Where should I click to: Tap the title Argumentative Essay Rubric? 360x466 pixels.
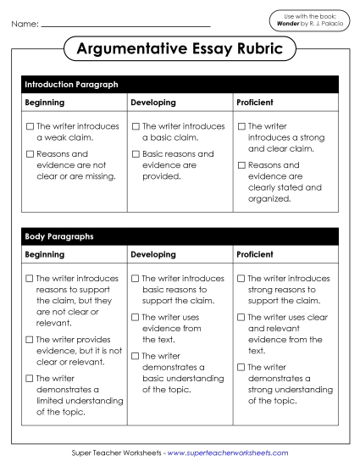[x=180, y=50]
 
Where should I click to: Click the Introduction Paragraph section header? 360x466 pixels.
[x=71, y=85]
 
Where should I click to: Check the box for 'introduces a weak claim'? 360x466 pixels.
[x=30, y=126]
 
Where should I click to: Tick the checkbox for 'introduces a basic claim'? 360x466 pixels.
[x=136, y=126]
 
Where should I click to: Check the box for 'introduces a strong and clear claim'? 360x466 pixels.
[x=242, y=126]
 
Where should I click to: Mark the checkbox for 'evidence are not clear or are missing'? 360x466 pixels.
[x=30, y=154]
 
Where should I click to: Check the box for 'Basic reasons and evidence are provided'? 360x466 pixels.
[x=136, y=154]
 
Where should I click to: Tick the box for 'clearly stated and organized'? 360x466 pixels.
[x=242, y=165]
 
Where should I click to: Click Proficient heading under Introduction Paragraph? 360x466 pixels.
[x=255, y=103]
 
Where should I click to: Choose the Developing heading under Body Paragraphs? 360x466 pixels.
[x=153, y=254]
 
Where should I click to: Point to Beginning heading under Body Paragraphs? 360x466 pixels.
[x=45, y=254]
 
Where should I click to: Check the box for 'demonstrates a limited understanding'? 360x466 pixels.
[x=30, y=379]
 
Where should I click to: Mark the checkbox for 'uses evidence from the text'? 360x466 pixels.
[x=136, y=317]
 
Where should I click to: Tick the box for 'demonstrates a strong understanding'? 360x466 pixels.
[x=242, y=367]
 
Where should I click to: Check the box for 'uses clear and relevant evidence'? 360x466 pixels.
[x=242, y=317]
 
